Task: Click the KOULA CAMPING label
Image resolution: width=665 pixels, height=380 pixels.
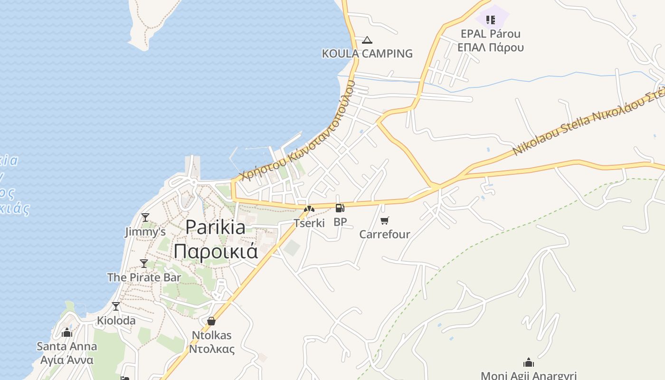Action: click(x=367, y=54)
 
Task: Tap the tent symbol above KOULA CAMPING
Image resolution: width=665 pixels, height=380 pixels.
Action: click(x=367, y=40)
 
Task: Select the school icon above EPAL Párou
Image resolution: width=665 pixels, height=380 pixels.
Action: click(x=491, y=20)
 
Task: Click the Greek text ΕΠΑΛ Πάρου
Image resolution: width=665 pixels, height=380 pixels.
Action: click(x=491, y=47)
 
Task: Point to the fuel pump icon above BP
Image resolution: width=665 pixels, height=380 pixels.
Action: click(x=340, y=208)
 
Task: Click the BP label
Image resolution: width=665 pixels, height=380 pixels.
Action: click(x=340, y=222)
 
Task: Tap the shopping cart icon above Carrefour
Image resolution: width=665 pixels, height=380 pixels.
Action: click(x=385, y=220)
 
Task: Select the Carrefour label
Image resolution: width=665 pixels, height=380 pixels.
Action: click(x=385, y=234)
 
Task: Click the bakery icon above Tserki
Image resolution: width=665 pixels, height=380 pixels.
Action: click(x=309, y=209)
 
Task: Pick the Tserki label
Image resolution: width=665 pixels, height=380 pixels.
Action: click(x=309, y=223)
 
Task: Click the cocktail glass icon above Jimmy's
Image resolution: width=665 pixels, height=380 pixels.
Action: click(x=145, y=218)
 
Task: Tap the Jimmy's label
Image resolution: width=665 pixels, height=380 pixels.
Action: click(x=145, y=232)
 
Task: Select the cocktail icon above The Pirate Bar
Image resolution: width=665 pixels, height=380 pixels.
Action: click(x=144, y=263)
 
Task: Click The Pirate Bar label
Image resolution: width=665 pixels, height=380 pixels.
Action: click(x=144, y=277)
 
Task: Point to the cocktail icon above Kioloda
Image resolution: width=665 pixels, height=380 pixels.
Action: click(x=116, y=306)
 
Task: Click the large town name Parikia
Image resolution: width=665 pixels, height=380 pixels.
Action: click(x=216, y=227)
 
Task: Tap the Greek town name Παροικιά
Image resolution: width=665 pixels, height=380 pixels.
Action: click(x=216, y=251)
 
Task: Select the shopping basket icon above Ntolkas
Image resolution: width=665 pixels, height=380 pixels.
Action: click(x=211, y=322)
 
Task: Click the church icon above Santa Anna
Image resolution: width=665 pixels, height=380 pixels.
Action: click(x=67, y=332)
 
